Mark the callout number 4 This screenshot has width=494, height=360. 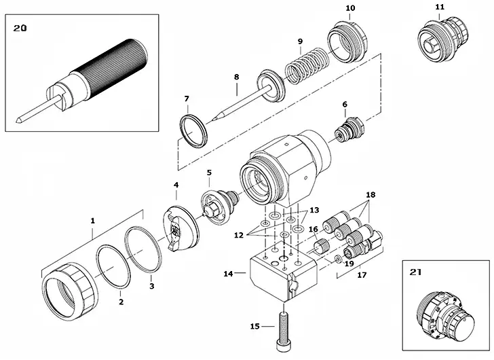176,185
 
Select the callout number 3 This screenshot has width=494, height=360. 151,286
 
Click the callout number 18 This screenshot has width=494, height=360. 370,194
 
